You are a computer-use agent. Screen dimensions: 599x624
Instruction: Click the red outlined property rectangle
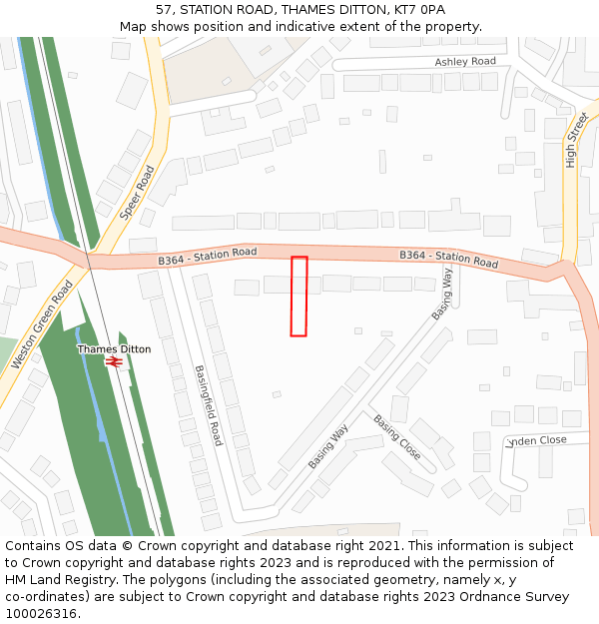299,296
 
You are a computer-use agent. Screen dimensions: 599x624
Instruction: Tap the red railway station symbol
114,361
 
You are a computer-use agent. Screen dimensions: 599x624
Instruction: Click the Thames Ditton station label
114,349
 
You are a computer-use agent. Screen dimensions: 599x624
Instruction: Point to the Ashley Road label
465,62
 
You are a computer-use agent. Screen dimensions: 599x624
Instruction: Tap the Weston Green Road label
42,324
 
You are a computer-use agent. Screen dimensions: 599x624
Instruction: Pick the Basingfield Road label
209,404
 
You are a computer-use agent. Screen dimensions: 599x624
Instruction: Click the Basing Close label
397,437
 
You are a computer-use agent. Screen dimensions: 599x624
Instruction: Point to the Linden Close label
537,440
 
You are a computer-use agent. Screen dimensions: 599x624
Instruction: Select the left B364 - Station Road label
208,257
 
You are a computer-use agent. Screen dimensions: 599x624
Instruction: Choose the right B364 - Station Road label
448,259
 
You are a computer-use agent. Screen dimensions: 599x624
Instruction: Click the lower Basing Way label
327,446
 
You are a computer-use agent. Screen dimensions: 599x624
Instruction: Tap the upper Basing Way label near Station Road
442,295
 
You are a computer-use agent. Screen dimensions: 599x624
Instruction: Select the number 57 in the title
165,9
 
